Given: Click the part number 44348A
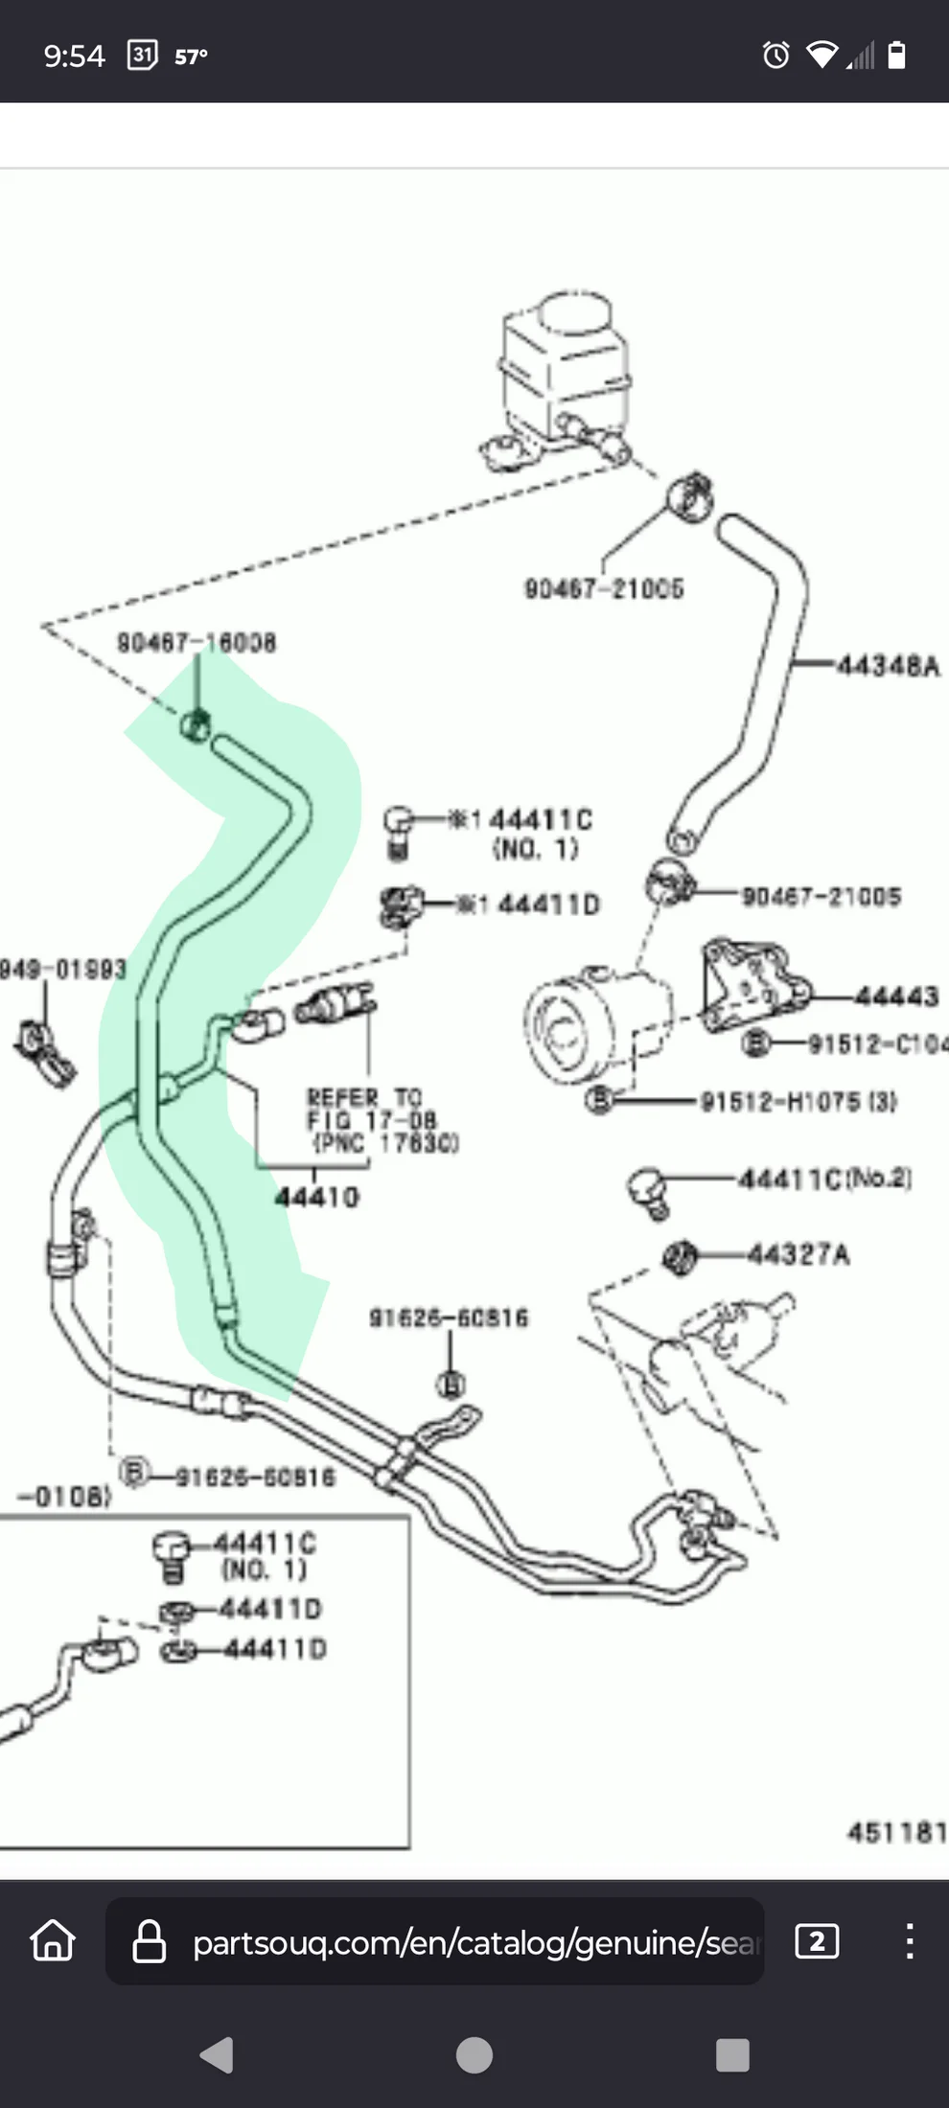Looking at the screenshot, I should pos(888,665).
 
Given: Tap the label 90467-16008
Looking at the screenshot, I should pos(197,642).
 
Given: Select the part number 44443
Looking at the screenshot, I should pos(896,997).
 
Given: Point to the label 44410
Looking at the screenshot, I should pos(317,1197).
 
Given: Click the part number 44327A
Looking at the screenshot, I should pos(798,1254).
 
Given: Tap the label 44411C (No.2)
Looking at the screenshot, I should pos(824,1178).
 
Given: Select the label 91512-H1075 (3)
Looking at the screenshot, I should pos(799,1101).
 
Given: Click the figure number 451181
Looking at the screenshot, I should pos(896,1832).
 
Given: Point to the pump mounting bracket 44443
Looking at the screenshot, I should pos(752,987).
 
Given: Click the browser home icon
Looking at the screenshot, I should pos(53,1940).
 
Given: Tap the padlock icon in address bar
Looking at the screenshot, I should pos(149,1942).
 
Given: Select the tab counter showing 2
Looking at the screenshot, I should pos(817,1941).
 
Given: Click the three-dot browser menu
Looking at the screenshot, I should pos(909,1941).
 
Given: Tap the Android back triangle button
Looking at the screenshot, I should pos(218,2054).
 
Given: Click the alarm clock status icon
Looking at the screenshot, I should pos(775,56).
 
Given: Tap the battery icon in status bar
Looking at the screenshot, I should pos(896,56).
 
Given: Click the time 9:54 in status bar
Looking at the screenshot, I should pos(74,57).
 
